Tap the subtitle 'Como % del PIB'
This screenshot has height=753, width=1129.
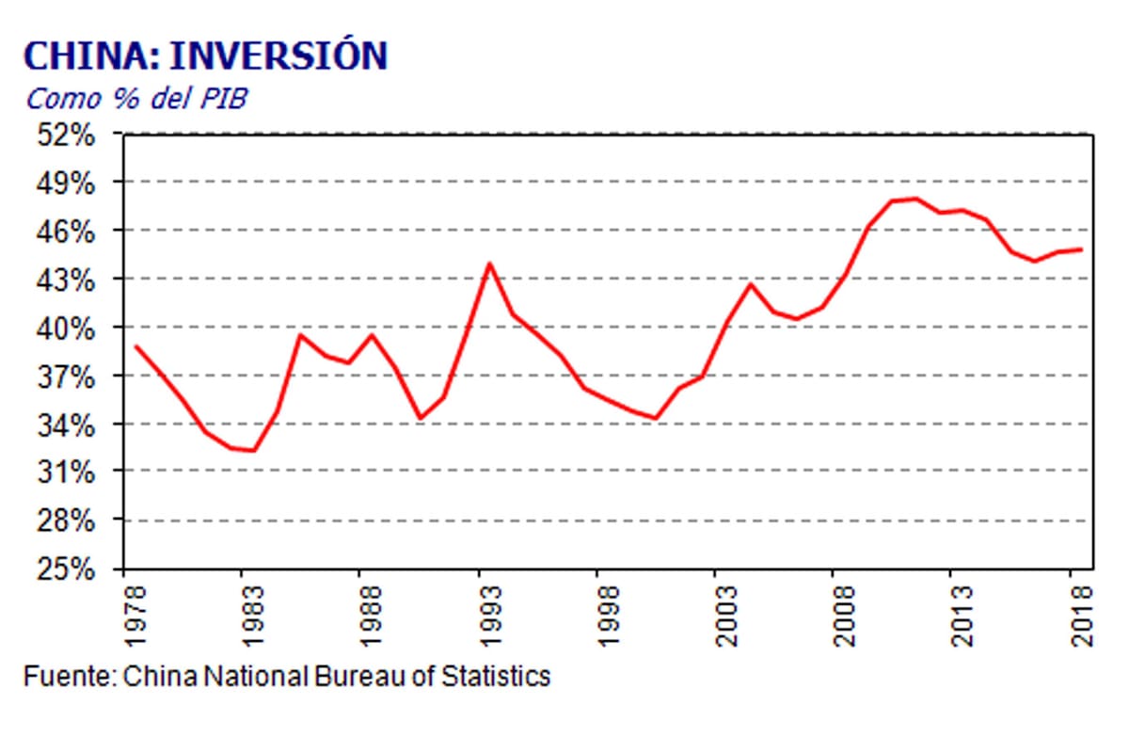pos(136,98)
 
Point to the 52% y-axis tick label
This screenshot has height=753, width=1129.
pos(69,135)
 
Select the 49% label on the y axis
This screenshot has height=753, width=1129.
pos(69,183)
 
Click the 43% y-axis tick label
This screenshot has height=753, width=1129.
pos(69,280)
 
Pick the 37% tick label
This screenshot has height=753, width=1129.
pos(69,376)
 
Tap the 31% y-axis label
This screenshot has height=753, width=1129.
pos(69,473)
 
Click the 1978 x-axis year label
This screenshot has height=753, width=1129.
pos(137,617)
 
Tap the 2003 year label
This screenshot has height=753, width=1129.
pos(726,617)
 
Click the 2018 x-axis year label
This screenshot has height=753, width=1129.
pos(1082,617)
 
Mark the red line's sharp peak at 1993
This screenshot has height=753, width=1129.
pos(489,264)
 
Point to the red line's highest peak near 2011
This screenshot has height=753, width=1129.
pos(915,199)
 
